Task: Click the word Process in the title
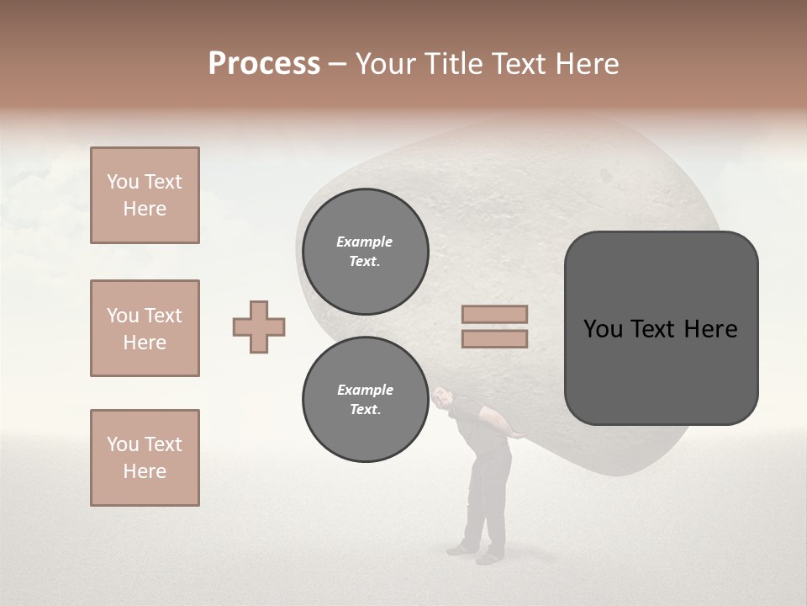(x=264, y=64)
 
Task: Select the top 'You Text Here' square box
(x=145, y=195)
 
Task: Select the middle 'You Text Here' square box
(x=145, y=328)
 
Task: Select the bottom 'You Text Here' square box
(x=145, y=458)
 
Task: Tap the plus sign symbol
(x=259, y=327)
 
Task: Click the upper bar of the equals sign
(x=494, y=314)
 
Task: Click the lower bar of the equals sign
(x=494, y=338)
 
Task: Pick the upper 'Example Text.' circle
(x=365, y=251)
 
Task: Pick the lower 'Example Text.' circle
(x=365, y=399)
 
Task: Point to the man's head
(x=443, y=398)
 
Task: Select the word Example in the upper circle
(x=364, y=242)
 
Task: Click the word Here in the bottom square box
(x=145, y=471)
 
